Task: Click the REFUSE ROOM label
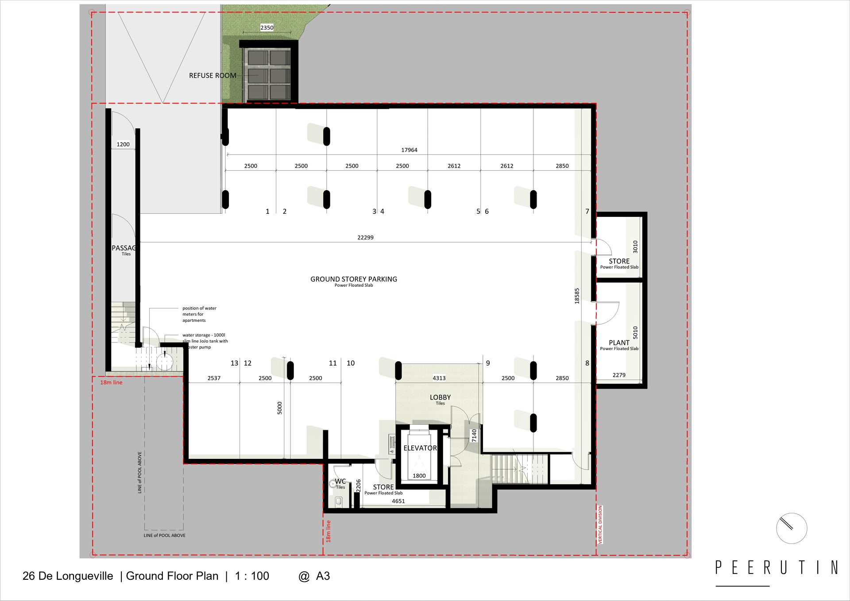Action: click(212, 76)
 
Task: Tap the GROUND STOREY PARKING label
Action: click(354, 279)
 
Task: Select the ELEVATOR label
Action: click(420, 448)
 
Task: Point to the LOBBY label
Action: click(440, 397)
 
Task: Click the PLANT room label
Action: click(619, 343)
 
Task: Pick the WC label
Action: click(340, 481)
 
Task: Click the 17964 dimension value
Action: click(409, 150)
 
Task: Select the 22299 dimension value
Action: click(365, 238)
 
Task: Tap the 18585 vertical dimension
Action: click(577, 296)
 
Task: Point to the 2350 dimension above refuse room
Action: click(267, 27)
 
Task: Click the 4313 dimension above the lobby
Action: click(439, 378)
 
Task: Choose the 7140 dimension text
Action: click(474, 435)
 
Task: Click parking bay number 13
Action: click(234, 363)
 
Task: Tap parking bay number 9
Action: click(488, 363)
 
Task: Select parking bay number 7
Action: click(587, 212)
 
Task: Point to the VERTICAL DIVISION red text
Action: click(600, 525)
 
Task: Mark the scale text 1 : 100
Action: click(252, 576)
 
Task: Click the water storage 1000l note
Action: click(205, 341)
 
